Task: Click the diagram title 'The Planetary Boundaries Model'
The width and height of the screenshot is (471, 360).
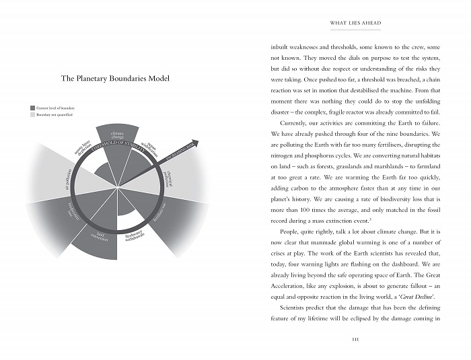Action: point(115,79)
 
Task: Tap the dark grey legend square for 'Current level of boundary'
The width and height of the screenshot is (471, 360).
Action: point(32,108)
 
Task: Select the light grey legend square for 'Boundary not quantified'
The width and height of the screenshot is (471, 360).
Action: point(32,115)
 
